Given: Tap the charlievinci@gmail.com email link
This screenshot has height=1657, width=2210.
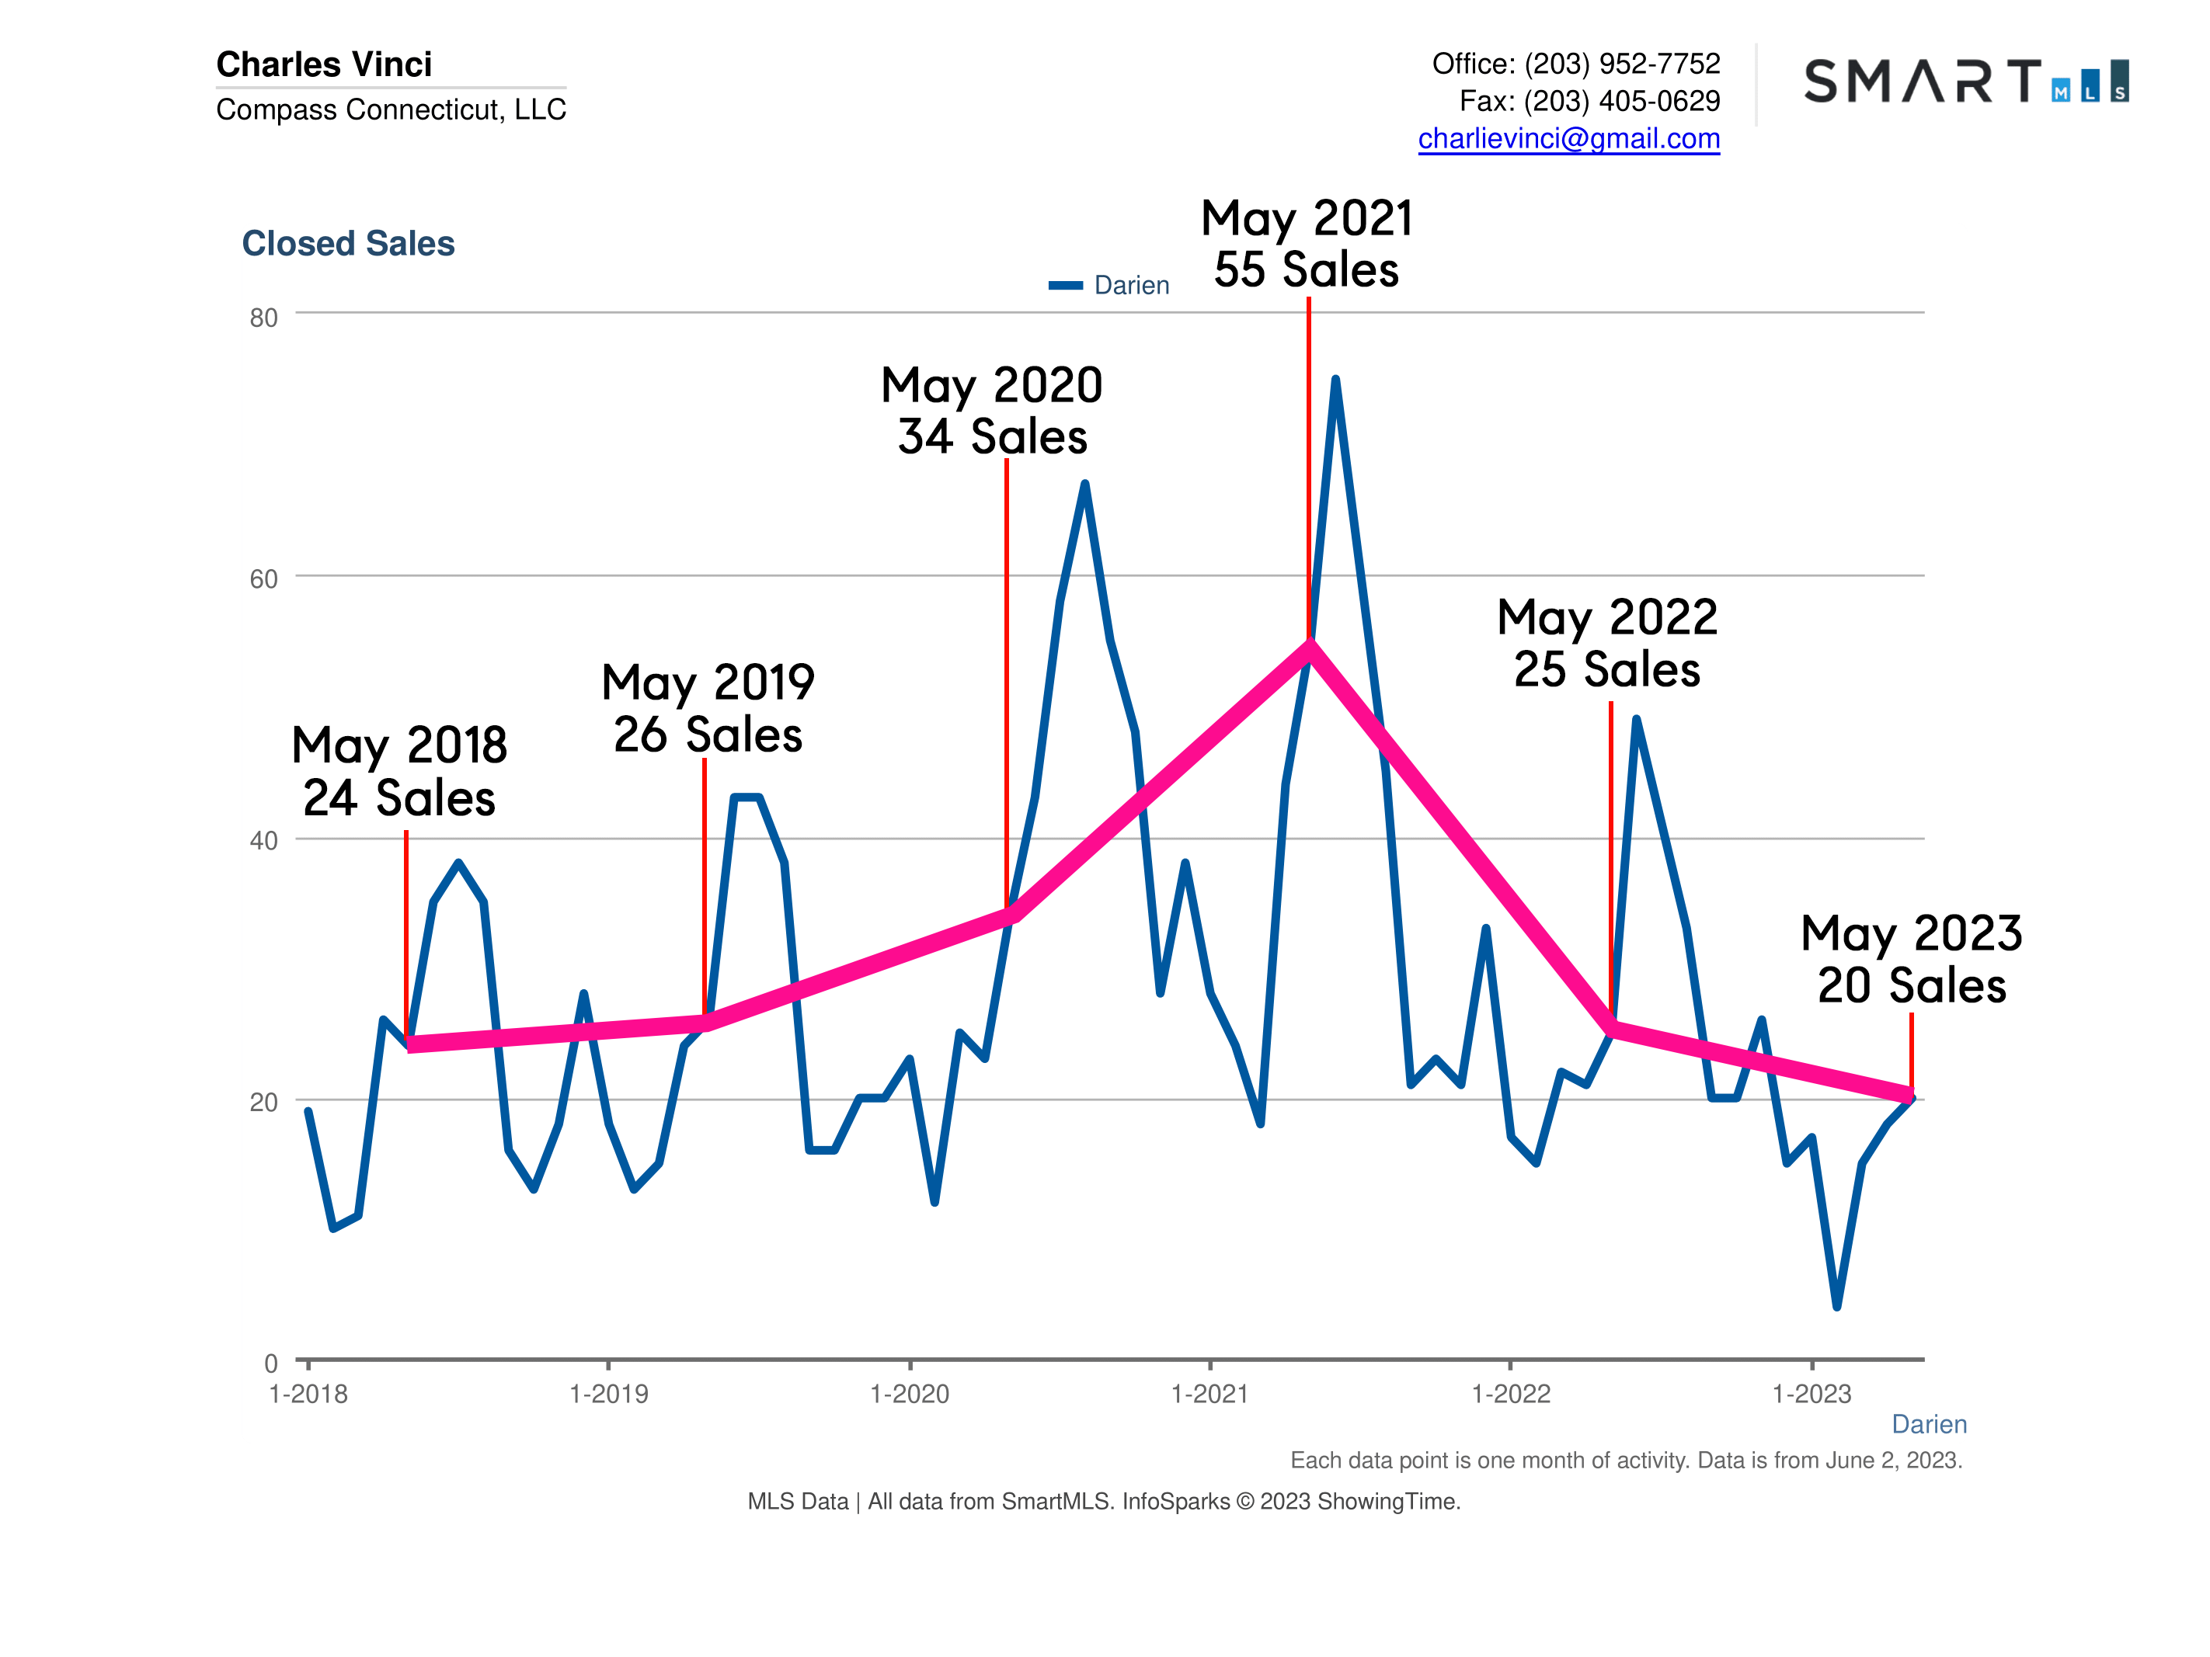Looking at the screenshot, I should (1568, 138).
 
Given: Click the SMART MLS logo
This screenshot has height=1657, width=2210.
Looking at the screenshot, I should (1965, 81).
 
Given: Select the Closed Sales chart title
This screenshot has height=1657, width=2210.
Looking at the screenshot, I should (348, 243).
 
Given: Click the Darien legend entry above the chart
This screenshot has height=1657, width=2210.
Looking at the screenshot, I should (1109, 285).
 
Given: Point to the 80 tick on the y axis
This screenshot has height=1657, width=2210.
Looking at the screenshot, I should (264, 318).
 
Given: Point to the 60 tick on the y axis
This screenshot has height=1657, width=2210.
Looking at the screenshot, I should (264, 579).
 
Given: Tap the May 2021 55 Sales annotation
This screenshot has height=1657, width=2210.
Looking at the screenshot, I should (1306, 244).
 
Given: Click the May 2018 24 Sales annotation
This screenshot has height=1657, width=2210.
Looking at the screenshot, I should (399, 771).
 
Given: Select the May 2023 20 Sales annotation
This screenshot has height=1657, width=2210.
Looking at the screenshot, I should (1911, 959).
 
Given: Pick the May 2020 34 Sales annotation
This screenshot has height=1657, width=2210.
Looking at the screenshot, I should (991, 411).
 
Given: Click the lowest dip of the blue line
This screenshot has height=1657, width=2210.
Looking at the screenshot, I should (1836, 1305).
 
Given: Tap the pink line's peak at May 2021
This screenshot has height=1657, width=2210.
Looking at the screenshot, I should (1309, 645).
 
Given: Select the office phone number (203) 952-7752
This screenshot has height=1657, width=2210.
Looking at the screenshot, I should (1621, 64).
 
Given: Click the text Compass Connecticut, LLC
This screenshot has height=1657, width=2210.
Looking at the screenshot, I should (391, 109).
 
